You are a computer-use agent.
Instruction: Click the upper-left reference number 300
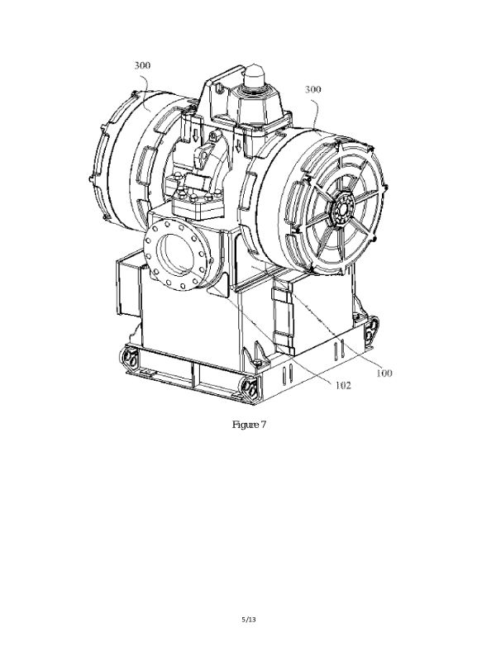[x=142, y=65]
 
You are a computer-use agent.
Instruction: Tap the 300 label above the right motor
[x=313, y=89]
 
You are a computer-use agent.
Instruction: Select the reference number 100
[x=384, y=373]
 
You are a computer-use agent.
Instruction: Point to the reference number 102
[x=343, y=385]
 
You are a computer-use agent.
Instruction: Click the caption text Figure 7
[x=250, y=425]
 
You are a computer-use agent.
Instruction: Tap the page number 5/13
[x=249, y=619]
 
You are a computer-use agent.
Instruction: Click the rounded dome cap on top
[x=255, y=75]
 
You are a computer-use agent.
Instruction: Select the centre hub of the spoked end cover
[x=342, y=209]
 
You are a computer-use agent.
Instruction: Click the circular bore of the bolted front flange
[x=175, y=254]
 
